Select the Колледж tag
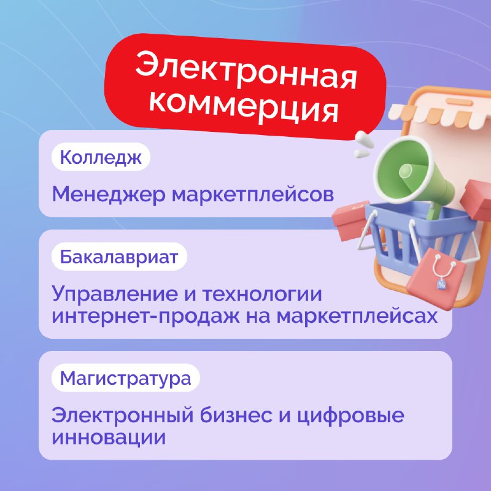(101, 157)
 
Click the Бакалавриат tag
(119, 257)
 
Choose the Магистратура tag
(126, 378)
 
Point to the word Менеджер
(109, 194)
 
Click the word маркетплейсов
(253, 195)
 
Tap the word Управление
(115, 295)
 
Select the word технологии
(262, 294)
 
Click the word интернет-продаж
(145, 316)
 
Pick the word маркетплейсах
(357, 317)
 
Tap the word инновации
(109, 437)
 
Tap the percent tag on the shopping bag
(441, 284)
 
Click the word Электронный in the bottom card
(122, 415)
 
